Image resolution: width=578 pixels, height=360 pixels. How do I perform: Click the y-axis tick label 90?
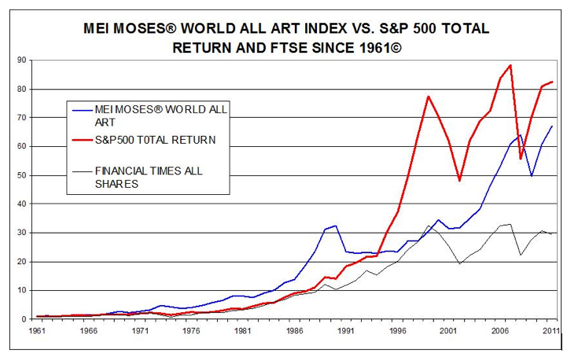coord(22,60)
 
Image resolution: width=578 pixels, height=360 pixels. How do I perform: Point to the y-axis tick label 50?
coord(22,175)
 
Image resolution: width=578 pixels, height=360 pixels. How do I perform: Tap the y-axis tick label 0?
coord(24,319)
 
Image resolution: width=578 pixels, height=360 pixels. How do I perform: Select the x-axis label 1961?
coord(37,331)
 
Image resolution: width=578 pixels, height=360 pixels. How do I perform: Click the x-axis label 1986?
coord(295,331)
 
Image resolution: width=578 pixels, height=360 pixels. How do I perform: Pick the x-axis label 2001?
coord(448,331)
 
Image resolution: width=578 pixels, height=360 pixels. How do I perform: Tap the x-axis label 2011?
coord(551,331)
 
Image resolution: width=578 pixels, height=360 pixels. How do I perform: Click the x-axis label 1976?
coord(191,331)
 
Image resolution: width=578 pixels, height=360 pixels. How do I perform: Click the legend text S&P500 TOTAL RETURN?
coord(155,140)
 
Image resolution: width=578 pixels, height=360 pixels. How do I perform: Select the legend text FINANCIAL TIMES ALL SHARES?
coord(149,177)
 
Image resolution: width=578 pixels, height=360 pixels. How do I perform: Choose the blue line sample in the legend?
coord(83,110)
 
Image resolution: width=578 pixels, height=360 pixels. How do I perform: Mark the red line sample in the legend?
coord(83,140)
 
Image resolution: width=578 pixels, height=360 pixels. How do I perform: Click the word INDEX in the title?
coord(318,28)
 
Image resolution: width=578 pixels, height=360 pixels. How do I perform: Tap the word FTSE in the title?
coord(289,48)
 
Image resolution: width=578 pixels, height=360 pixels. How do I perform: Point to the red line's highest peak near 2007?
coord(510,65)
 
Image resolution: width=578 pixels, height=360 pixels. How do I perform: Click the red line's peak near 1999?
coord(428,97)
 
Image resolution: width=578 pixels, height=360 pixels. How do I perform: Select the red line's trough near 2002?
coord(459,181)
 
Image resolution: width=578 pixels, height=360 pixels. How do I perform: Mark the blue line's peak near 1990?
coord(336,226)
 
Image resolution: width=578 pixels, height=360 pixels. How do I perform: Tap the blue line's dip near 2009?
coord(532,176)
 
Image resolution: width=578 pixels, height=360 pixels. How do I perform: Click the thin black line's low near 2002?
coord(459,263)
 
